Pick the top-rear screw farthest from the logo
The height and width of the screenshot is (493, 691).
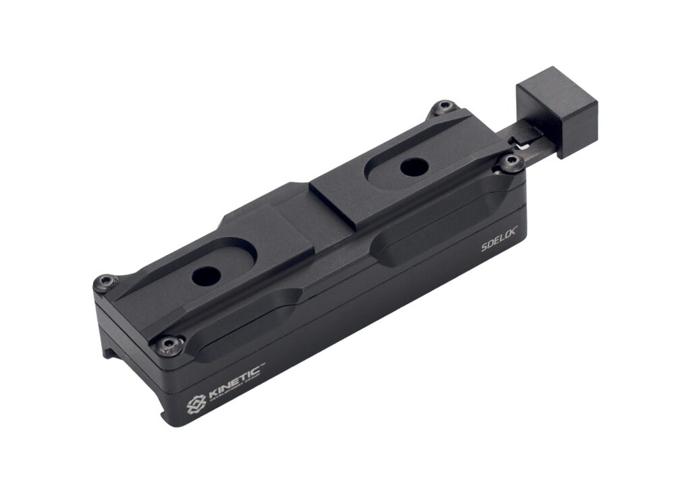tap(443, 107)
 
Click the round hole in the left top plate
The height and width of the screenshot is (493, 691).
tap(205, 274)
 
